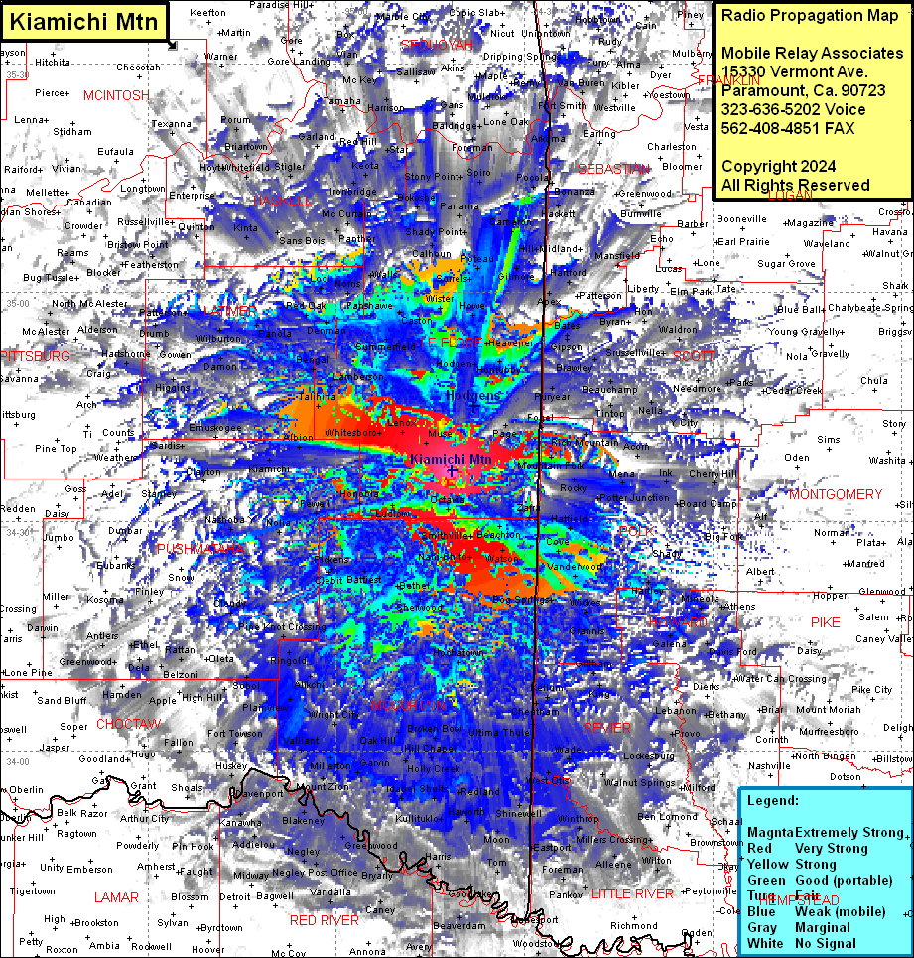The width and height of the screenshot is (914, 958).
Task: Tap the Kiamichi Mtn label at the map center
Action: click(451, 459)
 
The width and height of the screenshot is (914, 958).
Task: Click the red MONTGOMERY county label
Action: click(836, 494)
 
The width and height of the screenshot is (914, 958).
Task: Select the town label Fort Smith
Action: click(562, 106)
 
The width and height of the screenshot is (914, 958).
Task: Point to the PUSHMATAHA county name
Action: click(199, 548)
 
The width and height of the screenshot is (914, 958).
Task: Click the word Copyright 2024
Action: click(778, 166)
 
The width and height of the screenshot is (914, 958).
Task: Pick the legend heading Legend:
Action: click(773, 800)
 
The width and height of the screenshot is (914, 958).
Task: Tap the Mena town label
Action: click(622, 475)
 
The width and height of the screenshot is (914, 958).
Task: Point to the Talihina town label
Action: click(317, 396)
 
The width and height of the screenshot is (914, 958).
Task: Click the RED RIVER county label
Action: click(325, 920)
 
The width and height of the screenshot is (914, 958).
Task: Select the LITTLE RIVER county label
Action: click(639, 893)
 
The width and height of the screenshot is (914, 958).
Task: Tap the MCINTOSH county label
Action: click(117, 95)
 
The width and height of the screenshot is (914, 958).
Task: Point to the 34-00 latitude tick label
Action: click(17, 761)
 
